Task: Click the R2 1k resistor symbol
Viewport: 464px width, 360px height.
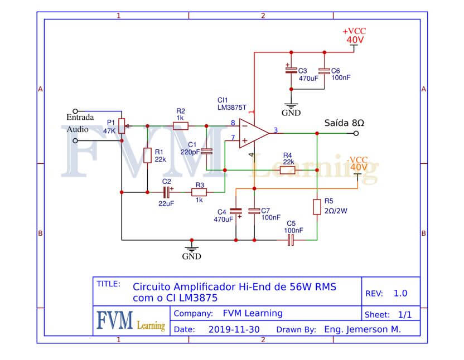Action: point(181,126)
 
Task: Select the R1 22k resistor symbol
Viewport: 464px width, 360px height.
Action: point(147,155)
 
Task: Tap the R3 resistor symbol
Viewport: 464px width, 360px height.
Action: point(199,192)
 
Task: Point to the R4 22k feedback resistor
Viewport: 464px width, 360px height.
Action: point(287,170)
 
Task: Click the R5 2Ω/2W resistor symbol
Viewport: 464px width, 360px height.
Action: point(317,207)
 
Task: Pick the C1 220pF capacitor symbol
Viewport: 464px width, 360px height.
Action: point(206,152)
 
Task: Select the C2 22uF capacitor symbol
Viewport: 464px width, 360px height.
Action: point(167,192)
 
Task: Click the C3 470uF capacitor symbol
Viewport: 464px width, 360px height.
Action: point(291,70)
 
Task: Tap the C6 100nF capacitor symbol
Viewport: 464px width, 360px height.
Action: point(325,71)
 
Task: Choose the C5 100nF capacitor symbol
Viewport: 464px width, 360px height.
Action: point(291,240)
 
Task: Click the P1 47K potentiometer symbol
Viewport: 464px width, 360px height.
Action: point(122,126)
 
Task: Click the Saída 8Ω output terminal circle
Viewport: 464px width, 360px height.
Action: point(356,133)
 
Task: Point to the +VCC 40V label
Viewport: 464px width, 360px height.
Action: point(354,36)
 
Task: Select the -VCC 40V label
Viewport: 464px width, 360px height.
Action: point(357,164)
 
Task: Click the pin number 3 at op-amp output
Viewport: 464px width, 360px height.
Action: point(276,130)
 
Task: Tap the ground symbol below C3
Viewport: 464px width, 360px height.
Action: point(291,106)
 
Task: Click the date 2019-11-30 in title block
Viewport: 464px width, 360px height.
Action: point(234,329)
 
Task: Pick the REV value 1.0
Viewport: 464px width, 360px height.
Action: point(400,293)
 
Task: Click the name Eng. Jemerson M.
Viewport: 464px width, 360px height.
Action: point(362,329)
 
